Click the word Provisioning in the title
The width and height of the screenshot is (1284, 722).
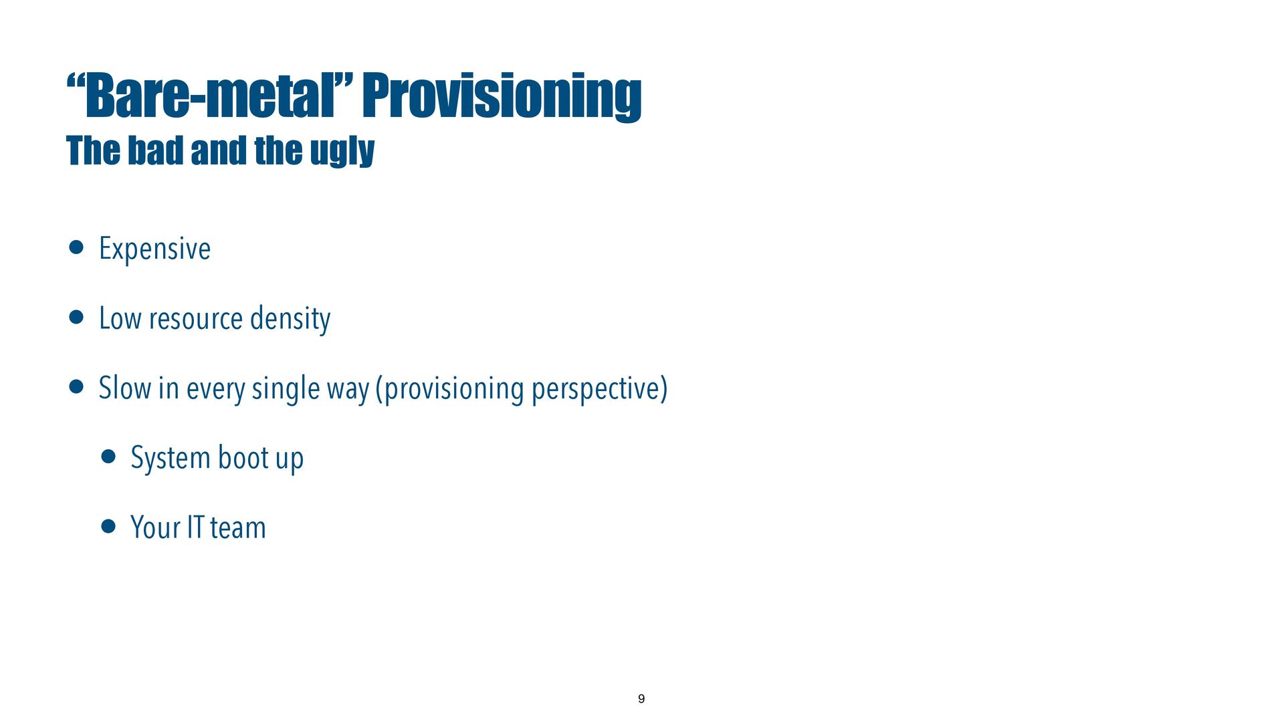tap(502, 97)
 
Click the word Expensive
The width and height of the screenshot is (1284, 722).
tap(154, 249)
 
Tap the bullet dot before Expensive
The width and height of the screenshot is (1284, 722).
tap(76, 247)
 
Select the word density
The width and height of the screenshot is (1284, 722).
tap(290, 319)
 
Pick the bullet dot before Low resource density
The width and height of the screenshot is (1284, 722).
tap(76, 317)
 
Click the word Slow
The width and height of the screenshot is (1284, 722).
tap(125, 388)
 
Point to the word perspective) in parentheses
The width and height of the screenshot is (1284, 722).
tap(599, 389)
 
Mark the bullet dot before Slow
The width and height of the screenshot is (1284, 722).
tap(76, 386)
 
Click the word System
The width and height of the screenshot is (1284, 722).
tap(171, 459)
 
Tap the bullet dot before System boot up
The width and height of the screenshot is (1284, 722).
tap(108, 457)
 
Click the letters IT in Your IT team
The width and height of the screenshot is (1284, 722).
tap(195, 527)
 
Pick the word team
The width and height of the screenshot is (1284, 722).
tap(237, 528)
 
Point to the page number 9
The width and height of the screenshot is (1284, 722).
tap(641, 699)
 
